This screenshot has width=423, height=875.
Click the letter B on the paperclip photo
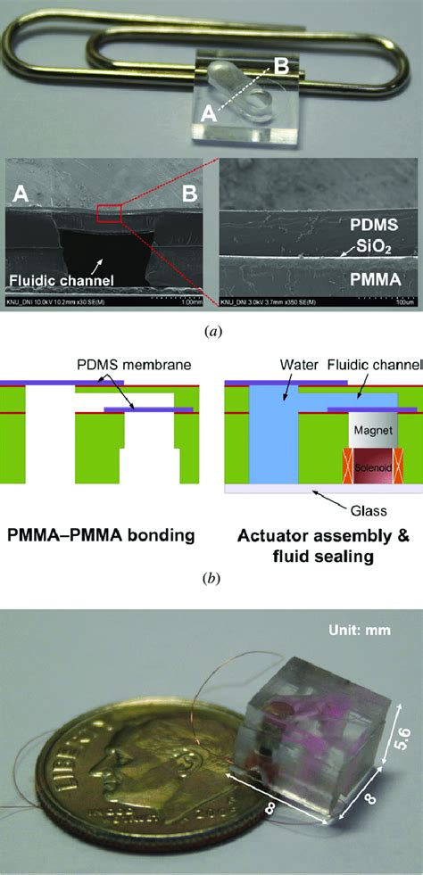coord(282,65)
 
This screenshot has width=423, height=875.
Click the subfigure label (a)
coord(212,330)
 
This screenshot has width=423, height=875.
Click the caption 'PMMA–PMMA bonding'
coord(103,536)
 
